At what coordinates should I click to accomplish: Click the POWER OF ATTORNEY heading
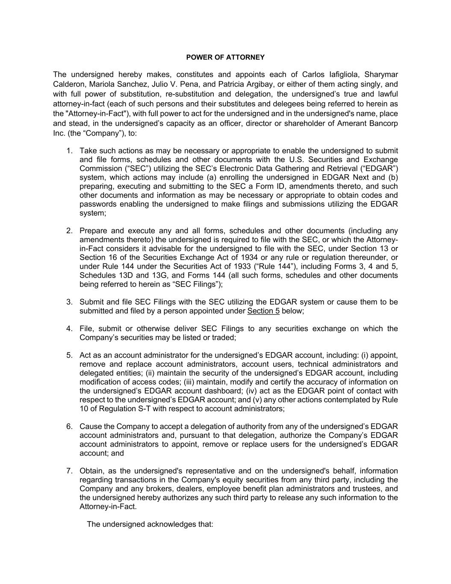(225, 57)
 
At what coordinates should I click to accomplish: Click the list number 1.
(69, 151)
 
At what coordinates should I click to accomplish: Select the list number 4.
(69, 329)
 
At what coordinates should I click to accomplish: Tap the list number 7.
(69, 471)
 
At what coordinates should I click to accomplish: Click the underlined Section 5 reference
(263, 311)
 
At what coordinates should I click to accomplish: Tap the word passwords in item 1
(97, 204)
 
